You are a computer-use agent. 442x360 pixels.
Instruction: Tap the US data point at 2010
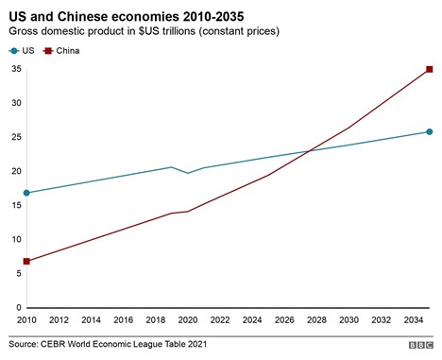(27, 193)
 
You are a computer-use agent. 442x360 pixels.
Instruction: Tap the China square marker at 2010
(27, 261)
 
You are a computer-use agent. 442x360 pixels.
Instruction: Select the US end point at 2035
(430, 131)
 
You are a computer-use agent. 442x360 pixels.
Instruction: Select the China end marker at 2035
(430, 69)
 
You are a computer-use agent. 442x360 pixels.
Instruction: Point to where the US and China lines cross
(309, 151)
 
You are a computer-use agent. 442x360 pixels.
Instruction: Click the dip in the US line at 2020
(188, 173)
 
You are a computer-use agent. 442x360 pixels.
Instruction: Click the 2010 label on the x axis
(27, 320)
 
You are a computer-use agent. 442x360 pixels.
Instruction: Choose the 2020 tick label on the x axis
(188, 320)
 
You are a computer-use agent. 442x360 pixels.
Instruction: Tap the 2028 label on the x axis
(317, 320)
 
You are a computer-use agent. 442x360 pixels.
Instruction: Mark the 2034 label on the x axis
(414, 320)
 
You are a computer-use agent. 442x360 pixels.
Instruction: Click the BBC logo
(420, 346)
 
